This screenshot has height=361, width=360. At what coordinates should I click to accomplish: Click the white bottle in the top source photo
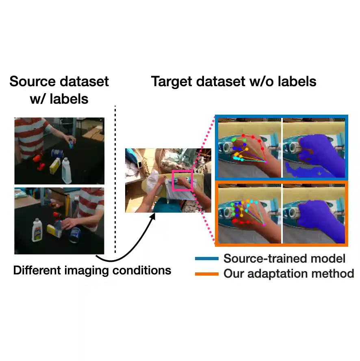click(67, 172)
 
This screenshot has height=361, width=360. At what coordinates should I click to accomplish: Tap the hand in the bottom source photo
click(69, 223)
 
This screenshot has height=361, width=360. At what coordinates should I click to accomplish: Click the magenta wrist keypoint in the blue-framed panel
click(267, 162)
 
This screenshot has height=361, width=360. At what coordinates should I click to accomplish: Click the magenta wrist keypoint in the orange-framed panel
click(265, 225)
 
